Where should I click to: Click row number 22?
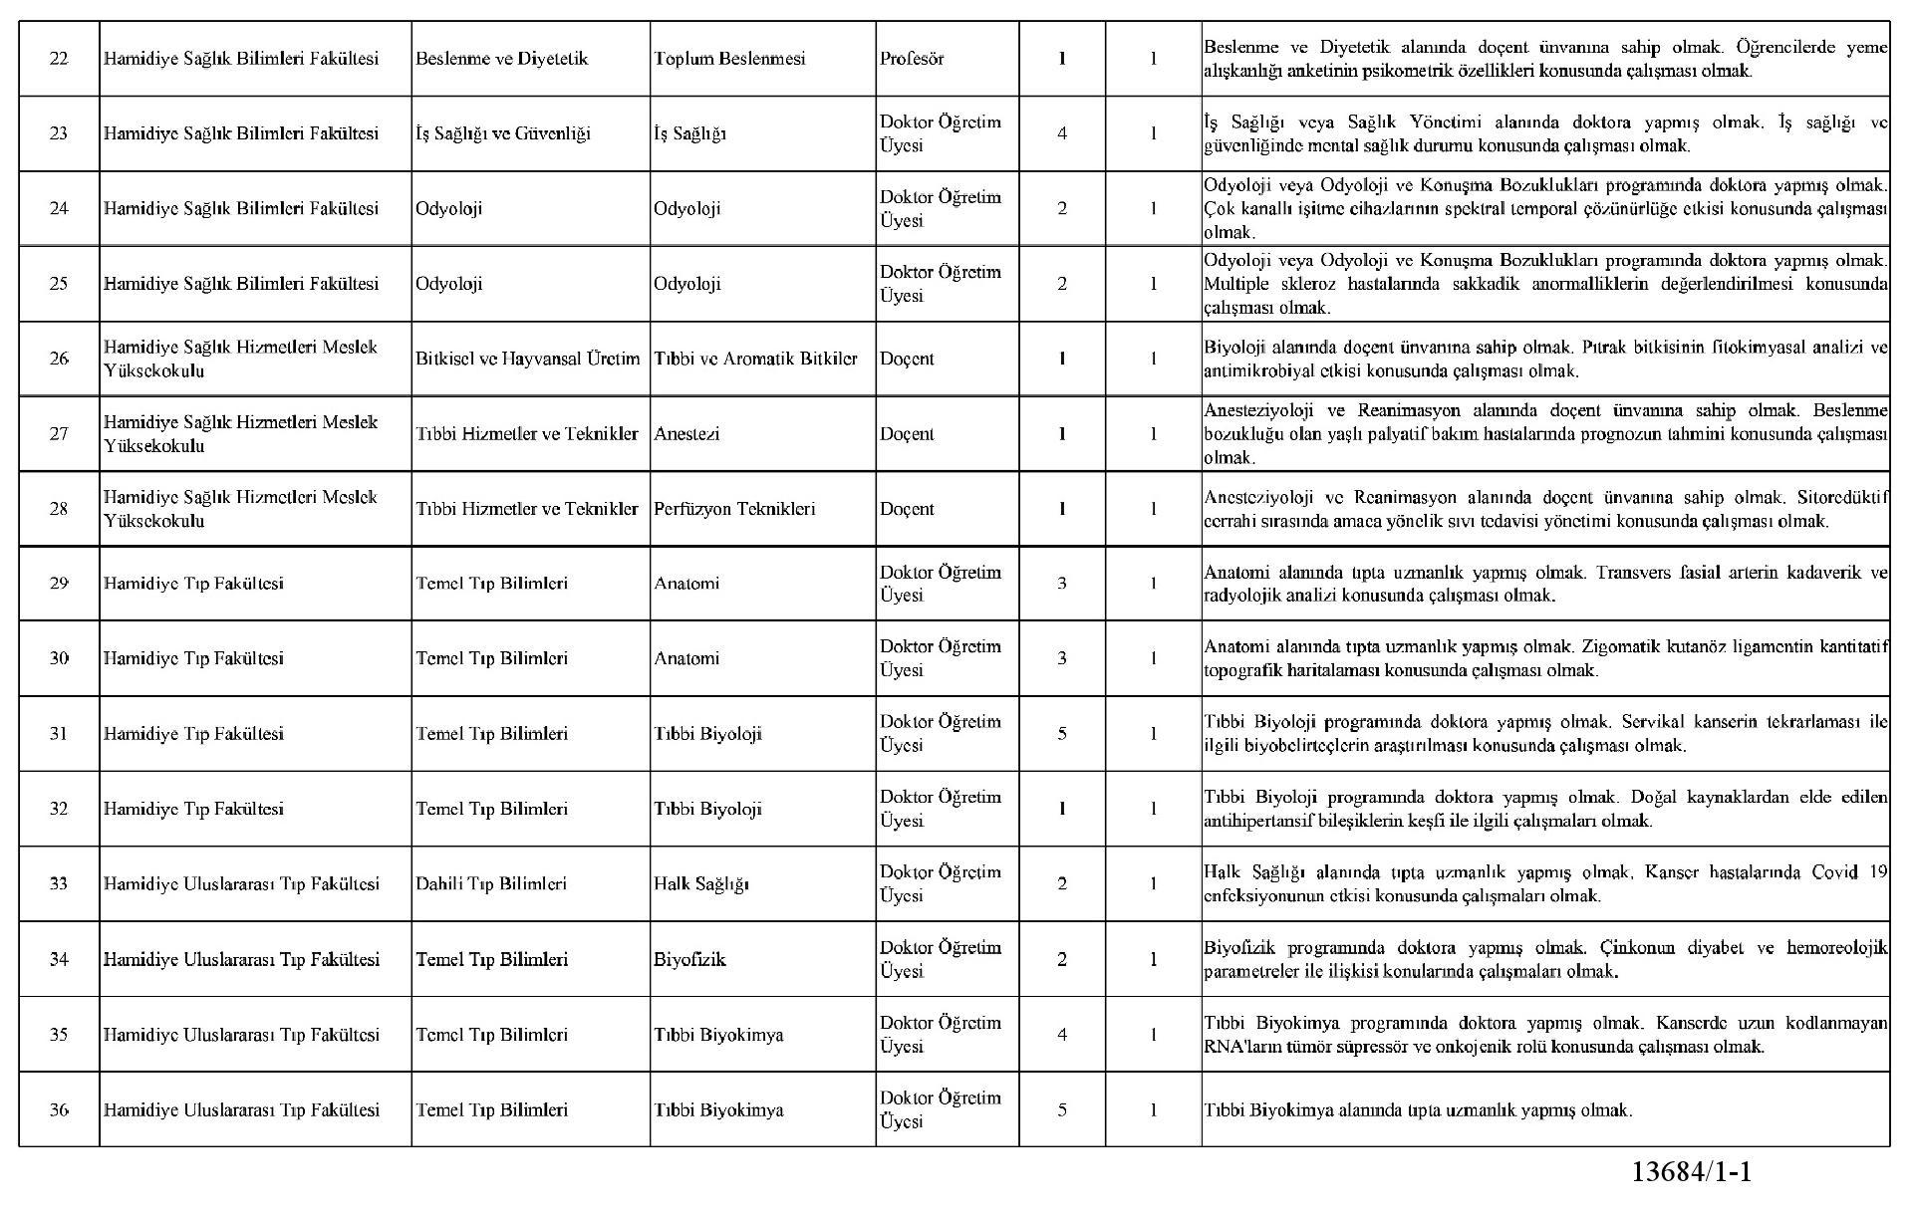click(59, 59)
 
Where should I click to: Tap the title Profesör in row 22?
click(911, 59)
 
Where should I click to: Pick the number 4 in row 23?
click(1062, 133)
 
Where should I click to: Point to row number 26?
click(59, 359)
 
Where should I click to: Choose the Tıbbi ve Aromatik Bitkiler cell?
click(755, 359)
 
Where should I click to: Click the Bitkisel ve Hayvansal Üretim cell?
click(528, 359)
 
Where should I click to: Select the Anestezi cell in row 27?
click(686, 434)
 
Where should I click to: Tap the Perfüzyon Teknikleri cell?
click(734, 509)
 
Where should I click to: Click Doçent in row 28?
click(907, 509)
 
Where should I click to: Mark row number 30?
click(59, 658)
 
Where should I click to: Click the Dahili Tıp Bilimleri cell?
click(491, 883)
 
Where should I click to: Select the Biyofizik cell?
click(689, 959)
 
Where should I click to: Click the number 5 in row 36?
click(1062, 1109)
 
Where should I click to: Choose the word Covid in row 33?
click(1834, 872)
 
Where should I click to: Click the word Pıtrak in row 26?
click(1601, 348)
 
